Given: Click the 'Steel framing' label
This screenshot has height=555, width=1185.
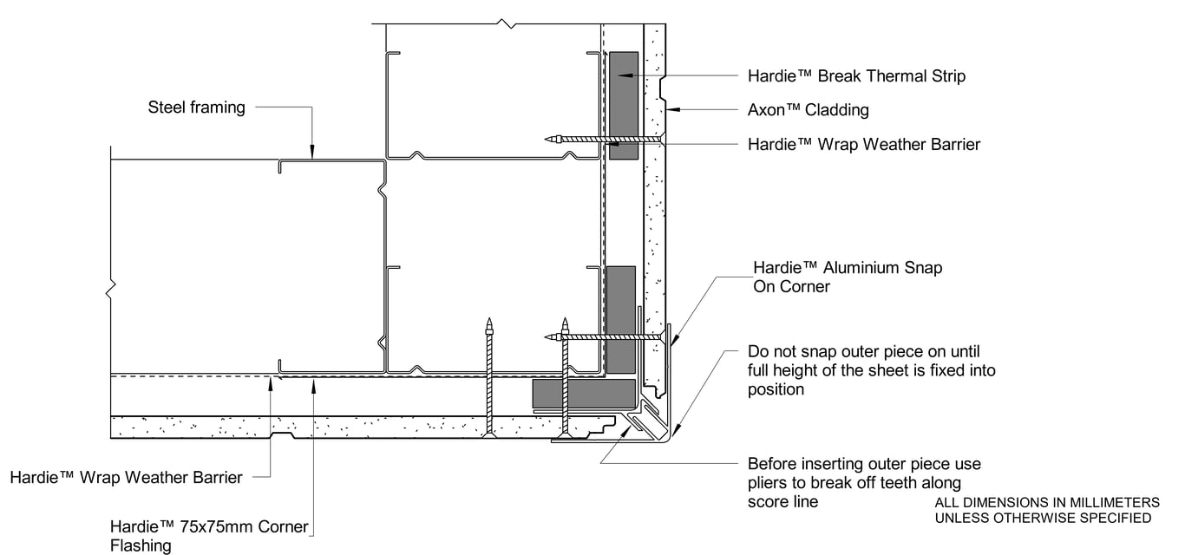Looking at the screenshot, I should pos(196,108).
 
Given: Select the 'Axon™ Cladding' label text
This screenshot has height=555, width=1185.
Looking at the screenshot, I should pos(808,110).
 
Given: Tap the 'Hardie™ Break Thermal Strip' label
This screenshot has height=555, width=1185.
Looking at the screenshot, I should pos(856,76).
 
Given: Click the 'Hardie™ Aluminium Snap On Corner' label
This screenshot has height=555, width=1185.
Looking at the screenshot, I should pos(847,277).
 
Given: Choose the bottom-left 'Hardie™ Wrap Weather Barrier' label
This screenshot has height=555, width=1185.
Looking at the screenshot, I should pos(126,477).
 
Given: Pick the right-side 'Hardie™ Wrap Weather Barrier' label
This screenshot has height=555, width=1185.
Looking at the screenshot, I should pos(863,144).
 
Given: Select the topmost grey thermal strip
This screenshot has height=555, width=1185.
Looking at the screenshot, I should pos(623,105).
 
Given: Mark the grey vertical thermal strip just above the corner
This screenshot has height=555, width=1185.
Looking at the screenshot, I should pos(620,319).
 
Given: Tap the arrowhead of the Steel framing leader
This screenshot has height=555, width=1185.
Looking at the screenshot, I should pos(311,153).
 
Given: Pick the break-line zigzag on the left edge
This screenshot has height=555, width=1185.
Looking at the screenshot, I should pos(109,291).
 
